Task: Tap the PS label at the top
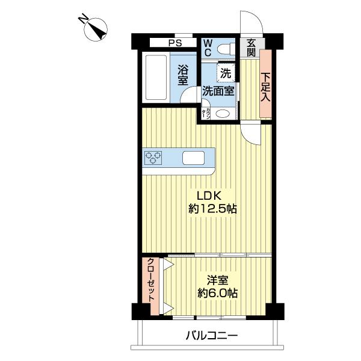pos(175,43)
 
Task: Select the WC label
pos(206,48)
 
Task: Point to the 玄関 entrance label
pos(250,48)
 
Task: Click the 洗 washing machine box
pos(225,73)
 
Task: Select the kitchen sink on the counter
pos(194,158)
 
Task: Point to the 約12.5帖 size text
pos(212,209)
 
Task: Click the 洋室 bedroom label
pos(217,280)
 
